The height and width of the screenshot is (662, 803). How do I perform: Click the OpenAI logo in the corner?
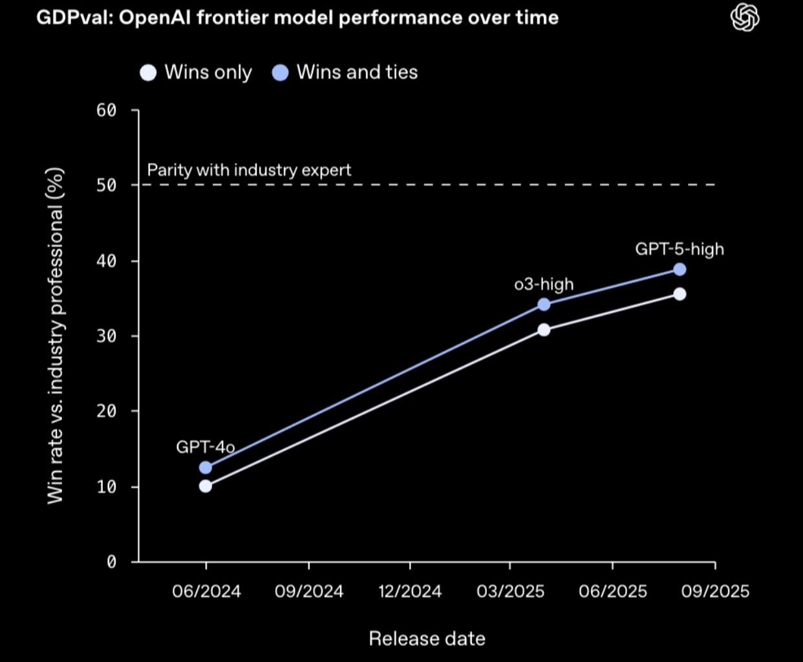click(745, 17)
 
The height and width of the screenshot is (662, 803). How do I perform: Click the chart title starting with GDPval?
click(297, 17)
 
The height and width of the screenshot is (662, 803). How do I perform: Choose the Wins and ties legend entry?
click(345, 72)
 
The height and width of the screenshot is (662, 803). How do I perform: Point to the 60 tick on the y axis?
click(107, 111)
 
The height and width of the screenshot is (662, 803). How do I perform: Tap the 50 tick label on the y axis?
click(107, 186)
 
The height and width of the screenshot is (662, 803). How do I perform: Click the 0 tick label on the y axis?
click(111, 562)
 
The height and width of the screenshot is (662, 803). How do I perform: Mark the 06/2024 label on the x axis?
click(206, 591)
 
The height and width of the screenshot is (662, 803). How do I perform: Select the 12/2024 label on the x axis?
click(410, 591)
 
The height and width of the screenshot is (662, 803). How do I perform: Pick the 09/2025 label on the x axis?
click(715, 591)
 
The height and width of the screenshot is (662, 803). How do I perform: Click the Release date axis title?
click(427, 639)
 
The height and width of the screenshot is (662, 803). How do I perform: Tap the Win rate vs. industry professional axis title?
click(56, 336)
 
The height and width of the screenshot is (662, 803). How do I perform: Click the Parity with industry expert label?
click(249, 170)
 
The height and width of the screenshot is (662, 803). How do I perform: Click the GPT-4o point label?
click(205, 447)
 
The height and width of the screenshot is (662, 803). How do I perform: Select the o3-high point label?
click(544, 284)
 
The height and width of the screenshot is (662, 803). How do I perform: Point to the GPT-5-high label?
click(680, 249)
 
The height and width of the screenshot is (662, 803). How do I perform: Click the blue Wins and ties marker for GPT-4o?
click(206, 467)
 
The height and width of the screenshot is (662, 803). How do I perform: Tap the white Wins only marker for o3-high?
click(544, 330)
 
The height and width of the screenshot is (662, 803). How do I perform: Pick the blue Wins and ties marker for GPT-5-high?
click(680, 270)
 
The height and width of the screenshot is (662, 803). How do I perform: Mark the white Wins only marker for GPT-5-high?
click(680, 294)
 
